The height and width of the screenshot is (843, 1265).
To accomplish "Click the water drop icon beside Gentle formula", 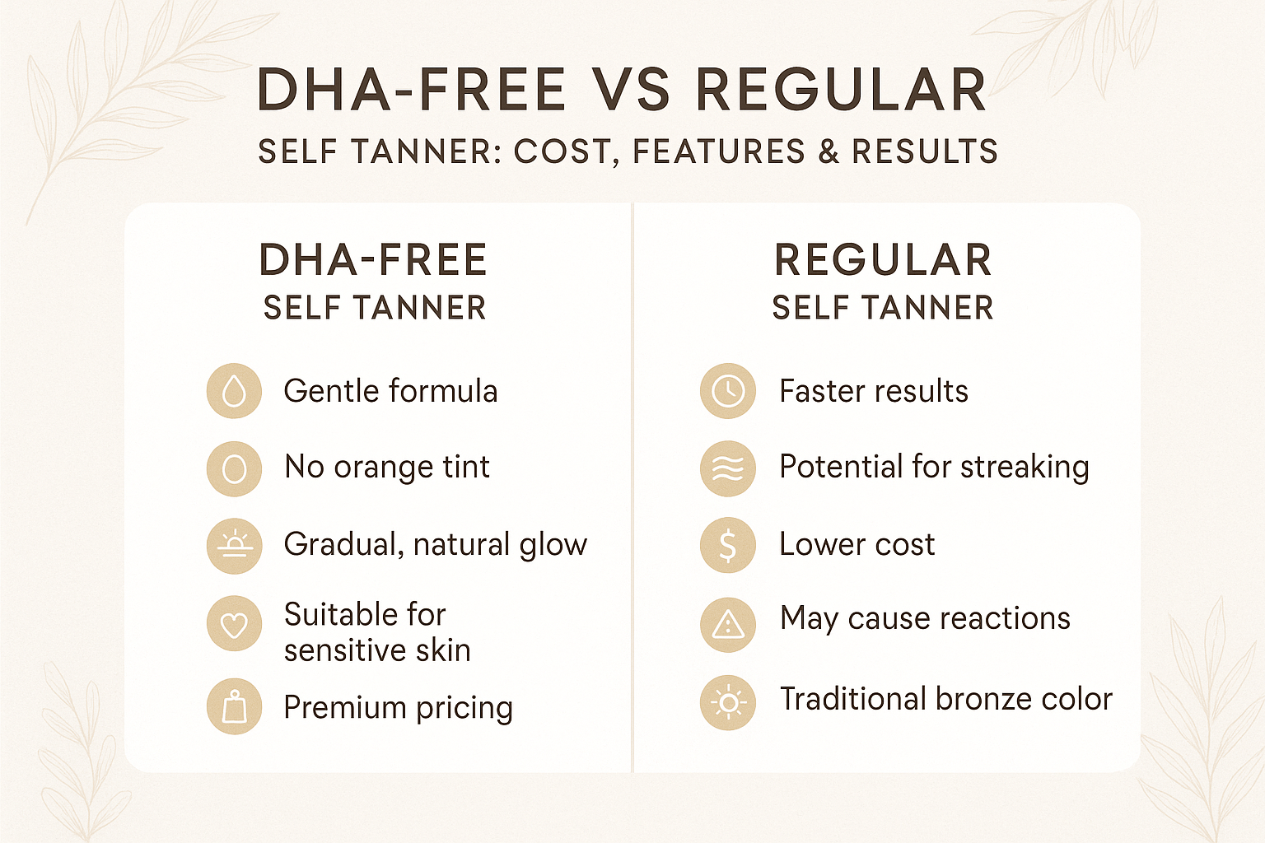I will coord(234,391).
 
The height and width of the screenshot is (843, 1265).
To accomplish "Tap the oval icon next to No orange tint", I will coord(234,468).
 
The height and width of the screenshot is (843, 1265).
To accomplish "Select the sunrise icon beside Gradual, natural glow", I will coord(234,545).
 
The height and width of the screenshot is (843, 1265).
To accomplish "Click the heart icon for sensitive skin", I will coord(234,624).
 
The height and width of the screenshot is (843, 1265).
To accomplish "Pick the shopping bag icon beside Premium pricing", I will coord(234,706).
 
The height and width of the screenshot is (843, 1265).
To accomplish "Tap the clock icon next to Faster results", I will coord(728,391).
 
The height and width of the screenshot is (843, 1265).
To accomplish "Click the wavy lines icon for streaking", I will coord(728,468).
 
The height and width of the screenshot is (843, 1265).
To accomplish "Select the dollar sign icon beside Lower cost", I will coord(728,545).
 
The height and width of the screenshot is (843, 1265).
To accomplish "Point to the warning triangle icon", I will coord(728,624).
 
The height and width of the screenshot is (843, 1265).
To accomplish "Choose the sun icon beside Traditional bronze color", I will coord(728,702).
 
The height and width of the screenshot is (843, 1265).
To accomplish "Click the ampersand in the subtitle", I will coord(828,152).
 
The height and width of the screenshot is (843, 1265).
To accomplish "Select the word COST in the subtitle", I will coord(562,152).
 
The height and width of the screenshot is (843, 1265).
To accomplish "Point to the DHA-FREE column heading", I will coord(373,260).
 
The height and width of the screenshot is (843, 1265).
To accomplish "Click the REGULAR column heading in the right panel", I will coord(883,260).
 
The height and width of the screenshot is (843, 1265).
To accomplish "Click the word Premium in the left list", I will coord(344,708).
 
